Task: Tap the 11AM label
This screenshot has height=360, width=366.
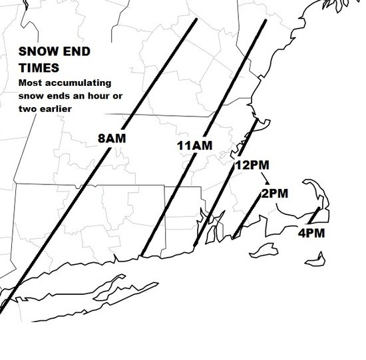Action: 194,146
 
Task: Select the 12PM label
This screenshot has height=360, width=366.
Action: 252,165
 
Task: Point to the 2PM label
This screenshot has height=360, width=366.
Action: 274,194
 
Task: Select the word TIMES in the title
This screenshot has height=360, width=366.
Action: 39,68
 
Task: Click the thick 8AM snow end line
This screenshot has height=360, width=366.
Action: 100,166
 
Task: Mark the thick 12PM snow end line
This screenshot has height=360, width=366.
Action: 226,180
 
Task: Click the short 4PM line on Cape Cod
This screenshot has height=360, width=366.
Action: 312,216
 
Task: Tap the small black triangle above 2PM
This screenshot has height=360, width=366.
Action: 267,182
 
